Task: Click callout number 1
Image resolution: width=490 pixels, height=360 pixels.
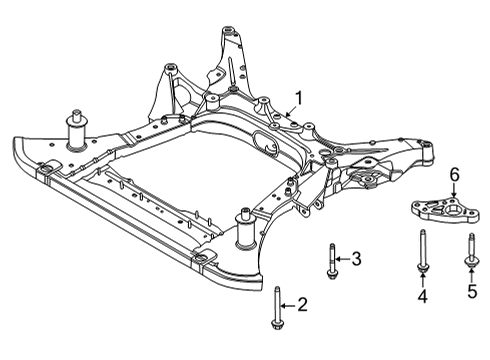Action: point(295,99)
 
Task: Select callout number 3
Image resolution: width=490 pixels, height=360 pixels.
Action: point(355,258)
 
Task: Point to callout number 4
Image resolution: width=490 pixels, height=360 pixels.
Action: point(423,297)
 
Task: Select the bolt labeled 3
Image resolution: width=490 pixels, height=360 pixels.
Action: point(330,259)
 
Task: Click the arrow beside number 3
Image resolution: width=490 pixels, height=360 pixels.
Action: point(343,258)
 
